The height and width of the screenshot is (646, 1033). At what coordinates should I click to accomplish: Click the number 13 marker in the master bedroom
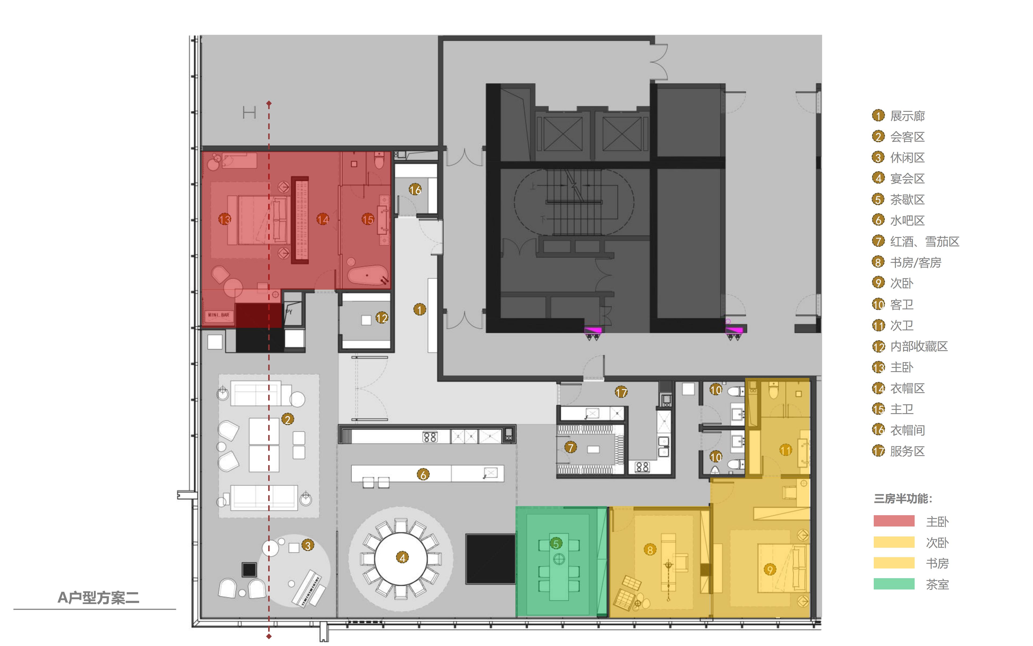(x=225, y=220)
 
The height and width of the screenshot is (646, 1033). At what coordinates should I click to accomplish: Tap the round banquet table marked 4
(x=401, y=557)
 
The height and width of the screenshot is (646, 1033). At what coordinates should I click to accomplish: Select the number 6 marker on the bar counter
(x=423, y=474)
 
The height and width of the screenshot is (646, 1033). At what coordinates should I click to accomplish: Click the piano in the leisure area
(x=309, y=588)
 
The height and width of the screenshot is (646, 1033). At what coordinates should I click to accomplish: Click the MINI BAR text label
(x=218, y=315)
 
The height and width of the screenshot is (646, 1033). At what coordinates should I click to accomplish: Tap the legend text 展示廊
(x=907, y=116)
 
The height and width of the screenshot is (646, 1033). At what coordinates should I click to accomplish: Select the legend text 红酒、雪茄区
(x=925, y=241)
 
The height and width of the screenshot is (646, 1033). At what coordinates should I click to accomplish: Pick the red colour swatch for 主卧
(x=894, y=521)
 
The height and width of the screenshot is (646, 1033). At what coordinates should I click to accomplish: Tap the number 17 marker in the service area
(x=621, y=392)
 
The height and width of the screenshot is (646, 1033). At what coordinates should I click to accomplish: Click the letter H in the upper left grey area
(x=249, y=113)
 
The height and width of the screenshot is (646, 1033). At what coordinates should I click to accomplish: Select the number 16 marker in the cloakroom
(x=415, y=189)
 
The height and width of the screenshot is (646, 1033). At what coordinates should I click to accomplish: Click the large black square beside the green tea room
(x=490, y=559)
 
